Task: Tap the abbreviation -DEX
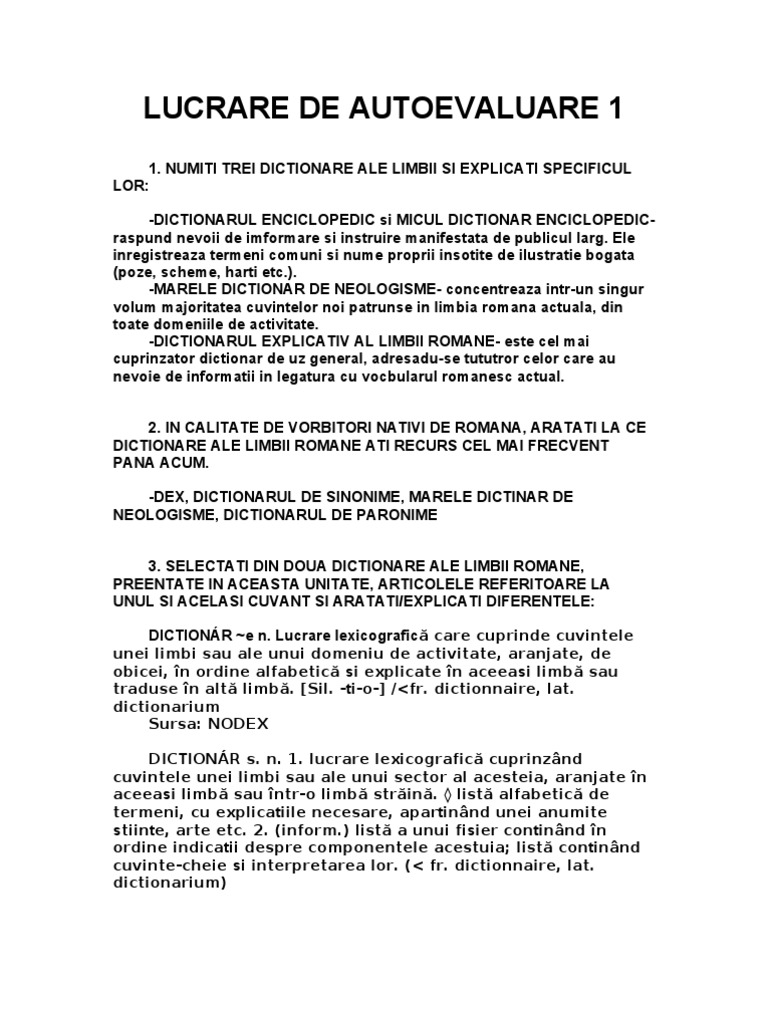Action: [166, 497]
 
